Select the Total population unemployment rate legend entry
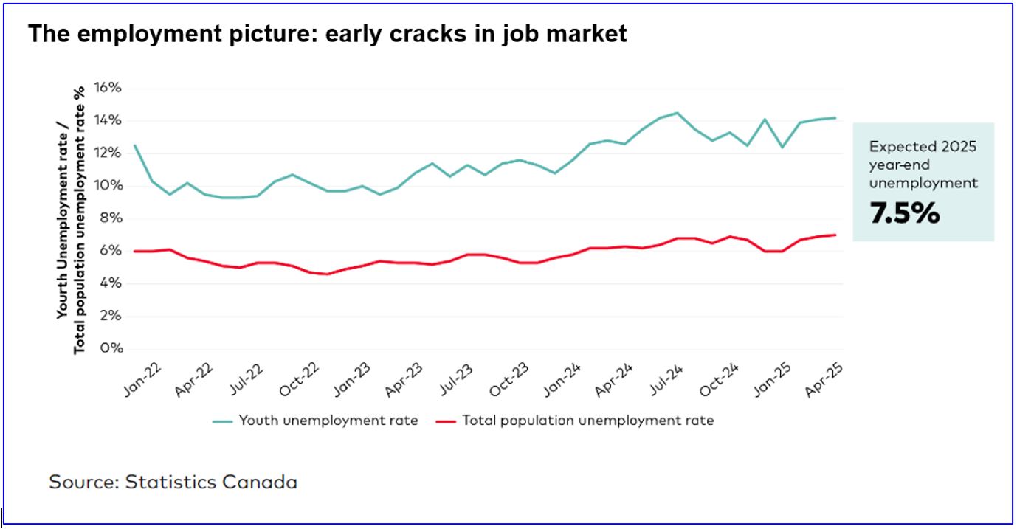(587, 421)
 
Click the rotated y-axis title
(72, 219)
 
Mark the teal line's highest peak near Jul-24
(677, 113)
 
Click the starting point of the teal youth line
(134, 145)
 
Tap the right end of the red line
(835, 235)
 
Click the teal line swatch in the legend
(223, 421)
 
